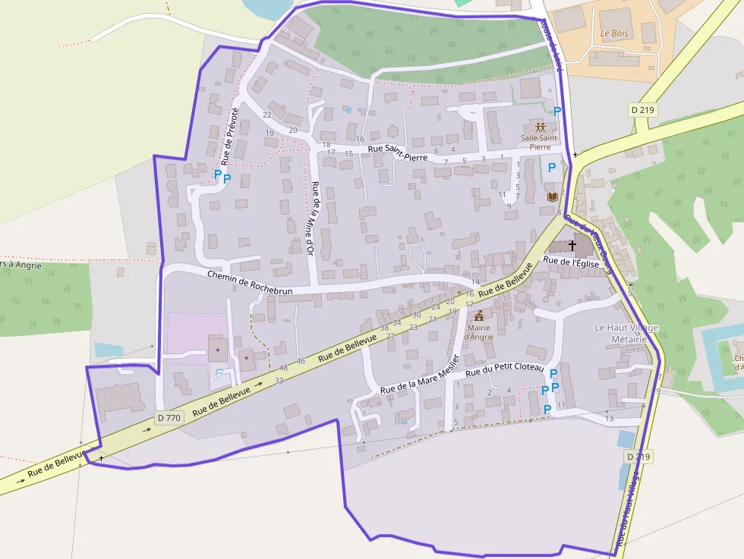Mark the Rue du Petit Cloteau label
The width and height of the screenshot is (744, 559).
coord(505,370)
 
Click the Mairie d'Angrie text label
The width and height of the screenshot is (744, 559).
coord(479,331)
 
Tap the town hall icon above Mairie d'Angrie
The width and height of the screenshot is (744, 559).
coord(479,315)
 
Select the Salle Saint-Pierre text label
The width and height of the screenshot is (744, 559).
coord(540,142)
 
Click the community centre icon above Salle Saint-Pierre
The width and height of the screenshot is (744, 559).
coord(540,127)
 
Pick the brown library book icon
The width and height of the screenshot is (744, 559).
coord(553,197)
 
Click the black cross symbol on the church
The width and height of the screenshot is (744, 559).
coord(572,246)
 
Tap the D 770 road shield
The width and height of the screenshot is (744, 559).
coord(169,417)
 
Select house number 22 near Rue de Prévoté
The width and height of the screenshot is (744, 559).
coord(267,115)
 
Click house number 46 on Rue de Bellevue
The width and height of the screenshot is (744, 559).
coord(301,361)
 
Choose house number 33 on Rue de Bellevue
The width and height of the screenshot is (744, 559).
coord(279,380)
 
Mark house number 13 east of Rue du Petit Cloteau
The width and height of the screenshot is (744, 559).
coord(609,419)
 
